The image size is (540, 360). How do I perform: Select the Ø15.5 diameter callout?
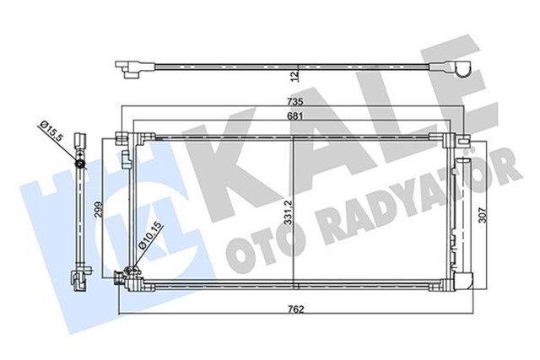(x=53, y=132)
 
